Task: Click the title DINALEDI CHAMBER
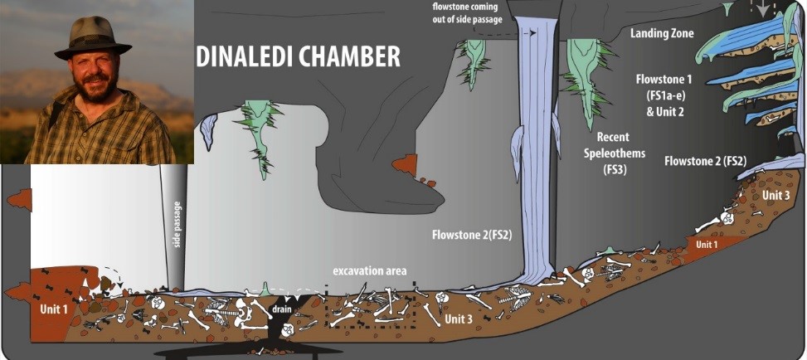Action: click(298, 56)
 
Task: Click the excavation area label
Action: click(370, 271)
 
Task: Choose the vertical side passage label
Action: click(177, 224)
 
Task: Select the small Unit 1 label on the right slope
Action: click(706, 245)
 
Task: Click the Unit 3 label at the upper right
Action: click(775, 194)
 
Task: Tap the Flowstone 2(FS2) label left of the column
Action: click(472, 235)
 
